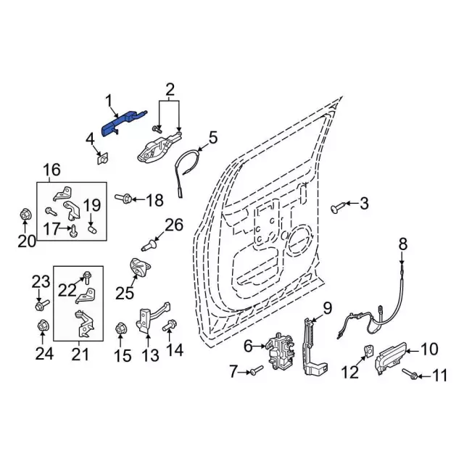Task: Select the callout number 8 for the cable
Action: tap(403, 243)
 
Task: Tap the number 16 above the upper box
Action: tap(53, 170)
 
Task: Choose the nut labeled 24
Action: tap(42, 327)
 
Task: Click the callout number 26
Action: tap(175, 225)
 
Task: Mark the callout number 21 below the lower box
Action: tap(80, 355)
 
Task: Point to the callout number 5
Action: tap(213, 138)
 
